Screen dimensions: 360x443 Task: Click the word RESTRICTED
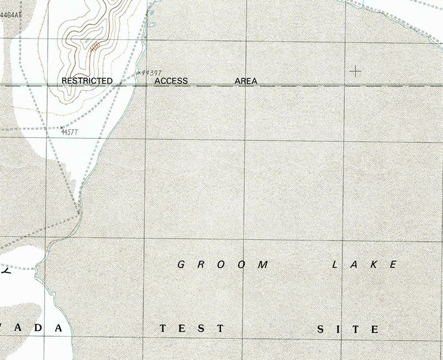87,81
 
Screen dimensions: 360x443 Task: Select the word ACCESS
171,81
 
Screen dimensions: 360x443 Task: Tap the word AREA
246,81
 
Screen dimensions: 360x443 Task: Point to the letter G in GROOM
181,265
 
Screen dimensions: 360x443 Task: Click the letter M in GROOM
263,265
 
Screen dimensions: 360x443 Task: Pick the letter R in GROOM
201,265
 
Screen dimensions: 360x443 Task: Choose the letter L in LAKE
336,265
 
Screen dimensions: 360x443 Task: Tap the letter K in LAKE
375,265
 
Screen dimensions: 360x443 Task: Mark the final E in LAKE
393,265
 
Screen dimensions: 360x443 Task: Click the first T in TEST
163,329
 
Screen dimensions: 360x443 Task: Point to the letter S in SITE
321,329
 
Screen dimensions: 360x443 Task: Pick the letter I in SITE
338,329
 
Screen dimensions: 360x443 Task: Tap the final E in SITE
374,329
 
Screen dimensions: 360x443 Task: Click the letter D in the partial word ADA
36,328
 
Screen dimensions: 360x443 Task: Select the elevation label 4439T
151,73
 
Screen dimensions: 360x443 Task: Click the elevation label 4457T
70,132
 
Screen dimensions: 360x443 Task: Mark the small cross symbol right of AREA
355,71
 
